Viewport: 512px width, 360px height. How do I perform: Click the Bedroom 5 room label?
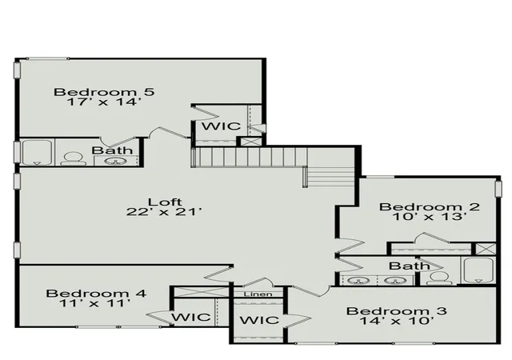(x=104, y=92)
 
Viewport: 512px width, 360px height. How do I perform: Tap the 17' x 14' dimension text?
(x=104, y=102)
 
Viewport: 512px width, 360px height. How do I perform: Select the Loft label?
(x=165, y=202)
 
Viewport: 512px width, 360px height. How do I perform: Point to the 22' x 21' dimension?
(x=164, y=212)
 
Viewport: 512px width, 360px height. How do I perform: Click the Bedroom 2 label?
(x=430, y=206)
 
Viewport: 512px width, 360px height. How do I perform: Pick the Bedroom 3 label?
(x=397, y=310)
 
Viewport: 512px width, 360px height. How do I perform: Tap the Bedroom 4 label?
(x=96, y=294)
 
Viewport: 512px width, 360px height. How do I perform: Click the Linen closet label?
(x=258, y=294)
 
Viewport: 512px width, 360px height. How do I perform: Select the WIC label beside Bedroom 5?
(x=221, y=126)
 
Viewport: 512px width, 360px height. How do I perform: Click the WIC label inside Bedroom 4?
(x=191, y=317)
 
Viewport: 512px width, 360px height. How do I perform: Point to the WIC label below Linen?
(x=259, y=320)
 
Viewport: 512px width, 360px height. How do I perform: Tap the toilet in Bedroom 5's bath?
(x=74, y=158)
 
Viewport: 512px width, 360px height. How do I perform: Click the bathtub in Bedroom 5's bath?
(x=37, y=153)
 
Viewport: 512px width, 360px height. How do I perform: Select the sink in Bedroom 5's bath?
(x=116, y=161)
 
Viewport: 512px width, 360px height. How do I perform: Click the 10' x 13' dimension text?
(x=430, y=217)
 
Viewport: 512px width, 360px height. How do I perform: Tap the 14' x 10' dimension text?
(x=397, y=321)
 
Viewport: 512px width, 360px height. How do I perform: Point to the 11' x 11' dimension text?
(x=95, y=303)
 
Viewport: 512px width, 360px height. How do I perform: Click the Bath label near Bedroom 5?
(x=112, y=150)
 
